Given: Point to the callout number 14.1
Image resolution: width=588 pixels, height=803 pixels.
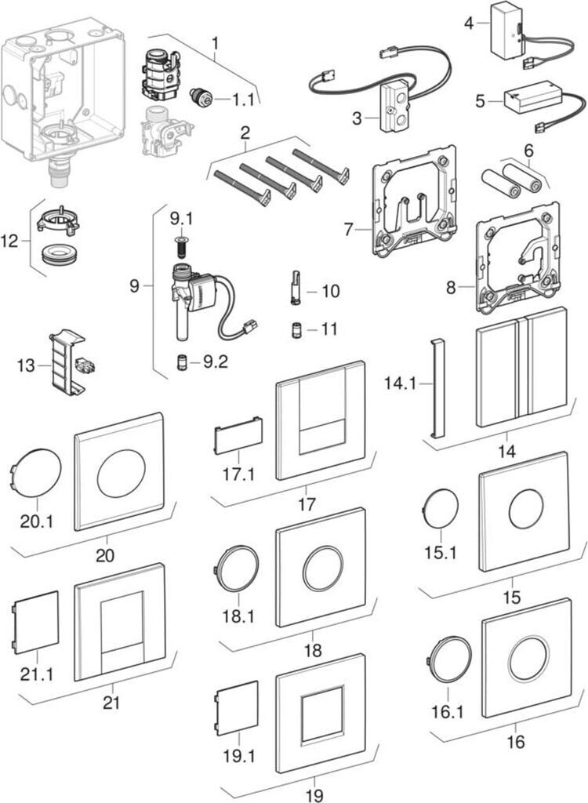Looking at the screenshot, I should point(401,383).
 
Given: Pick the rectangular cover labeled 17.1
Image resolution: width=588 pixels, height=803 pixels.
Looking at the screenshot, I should point(238,435).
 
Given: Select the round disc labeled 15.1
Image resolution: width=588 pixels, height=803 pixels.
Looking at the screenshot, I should point(441,509).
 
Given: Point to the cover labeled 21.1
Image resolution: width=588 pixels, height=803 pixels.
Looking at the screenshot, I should point(36,618).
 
